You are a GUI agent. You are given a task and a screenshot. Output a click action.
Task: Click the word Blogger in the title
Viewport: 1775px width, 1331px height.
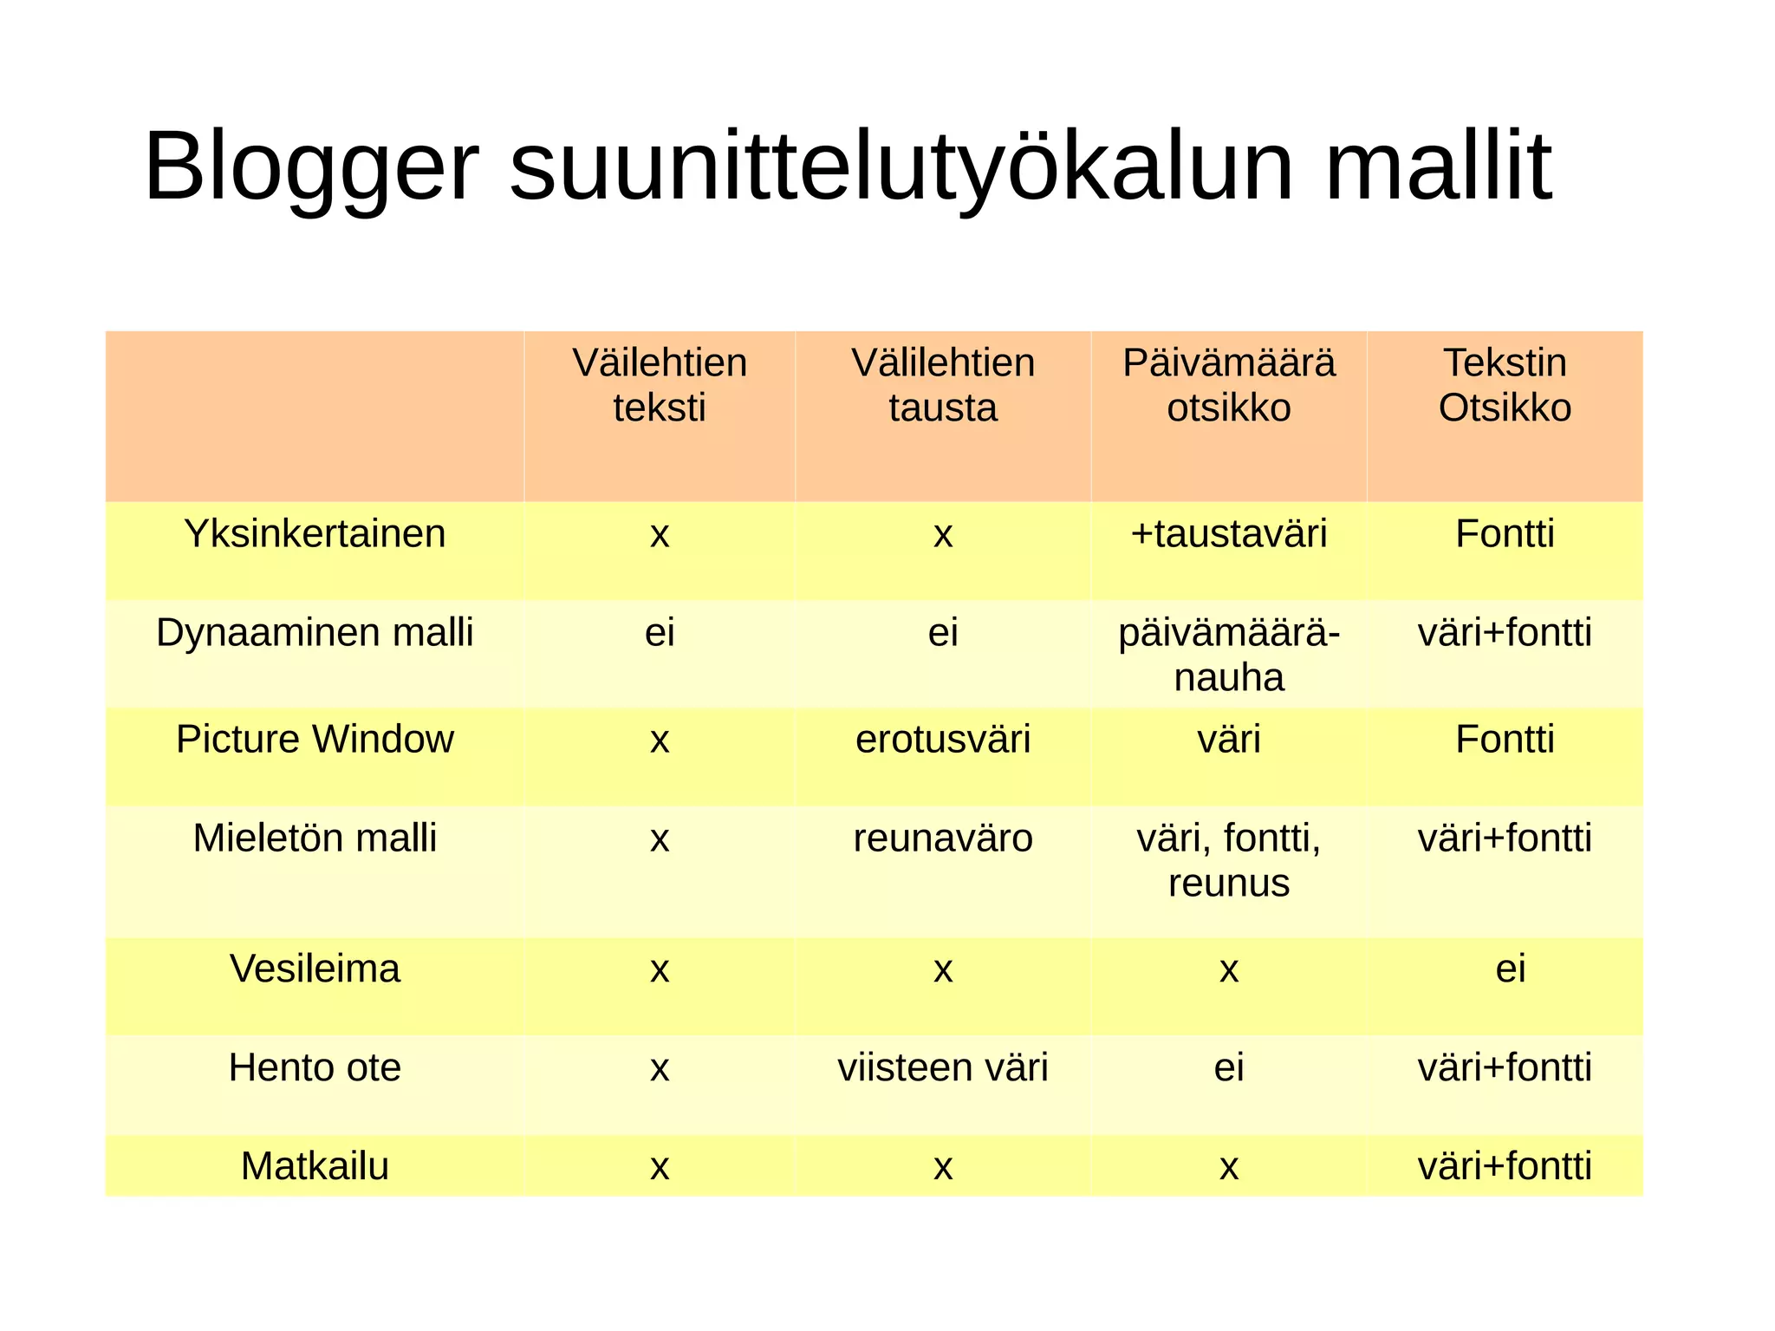[x=311, y=166]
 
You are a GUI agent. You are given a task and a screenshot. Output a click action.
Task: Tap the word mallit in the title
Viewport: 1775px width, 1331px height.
[x=1438, y=166]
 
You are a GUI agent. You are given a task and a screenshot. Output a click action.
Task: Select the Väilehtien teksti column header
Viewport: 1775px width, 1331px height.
[x=660, y=385]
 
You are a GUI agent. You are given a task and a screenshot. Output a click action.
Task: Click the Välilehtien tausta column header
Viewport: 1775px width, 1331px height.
[x=943, y=385]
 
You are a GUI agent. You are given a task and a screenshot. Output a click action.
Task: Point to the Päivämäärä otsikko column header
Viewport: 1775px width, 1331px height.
[x=1229, y=385]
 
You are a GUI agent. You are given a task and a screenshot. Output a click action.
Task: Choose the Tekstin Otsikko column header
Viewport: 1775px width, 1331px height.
[x=1505, y=385]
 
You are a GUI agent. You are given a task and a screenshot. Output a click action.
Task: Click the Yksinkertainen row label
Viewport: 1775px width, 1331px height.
[x=315, y=533]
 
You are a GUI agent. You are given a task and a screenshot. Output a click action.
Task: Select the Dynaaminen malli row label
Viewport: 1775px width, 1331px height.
[x=315, y=632]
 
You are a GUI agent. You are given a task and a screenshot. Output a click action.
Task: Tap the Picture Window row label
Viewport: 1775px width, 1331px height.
[x=315, y=739]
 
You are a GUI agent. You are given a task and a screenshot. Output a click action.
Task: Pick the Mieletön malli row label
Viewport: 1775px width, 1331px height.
[x=315, y=838]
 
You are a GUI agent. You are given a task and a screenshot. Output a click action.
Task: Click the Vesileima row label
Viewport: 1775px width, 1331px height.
[x=315, y=969]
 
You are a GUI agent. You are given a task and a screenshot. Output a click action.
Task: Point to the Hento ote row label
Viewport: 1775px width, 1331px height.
[x=315, y=1067]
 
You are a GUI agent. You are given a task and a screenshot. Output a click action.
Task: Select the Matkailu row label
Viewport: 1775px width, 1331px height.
[x=315, y=1166]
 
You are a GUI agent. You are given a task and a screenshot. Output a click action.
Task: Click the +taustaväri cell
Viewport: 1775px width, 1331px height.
[x=1229, y=533]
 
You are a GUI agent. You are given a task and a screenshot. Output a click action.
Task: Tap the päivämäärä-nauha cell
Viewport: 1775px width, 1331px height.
[x=1229, y=655]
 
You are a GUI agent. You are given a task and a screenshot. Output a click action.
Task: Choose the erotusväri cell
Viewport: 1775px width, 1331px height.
[x=943, y=739]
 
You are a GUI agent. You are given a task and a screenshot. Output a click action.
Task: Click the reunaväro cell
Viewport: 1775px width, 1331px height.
[x=943, y=838]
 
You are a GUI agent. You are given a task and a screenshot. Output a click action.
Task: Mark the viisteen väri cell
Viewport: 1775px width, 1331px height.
[x=943, y=1067]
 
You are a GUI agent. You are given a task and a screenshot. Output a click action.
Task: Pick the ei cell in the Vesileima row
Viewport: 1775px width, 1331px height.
[x=1510, y=969]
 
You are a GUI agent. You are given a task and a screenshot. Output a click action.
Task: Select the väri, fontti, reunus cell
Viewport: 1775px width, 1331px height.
[x=1229, y=860]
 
